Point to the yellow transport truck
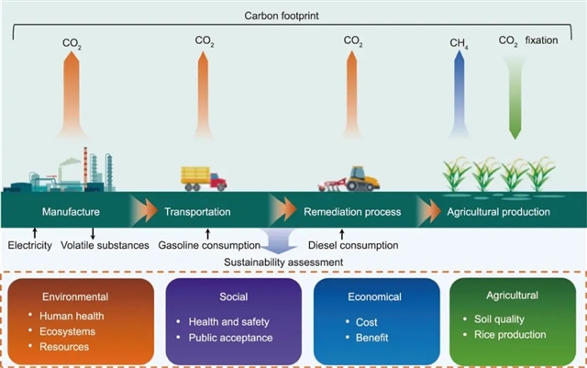(x=204, y=176)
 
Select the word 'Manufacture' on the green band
(x=71, y=212)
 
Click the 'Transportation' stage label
(x=197, y=212)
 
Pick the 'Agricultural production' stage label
(x=498, y=212)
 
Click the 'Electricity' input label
(x=30, y=245)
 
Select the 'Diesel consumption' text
(x=353, y=245)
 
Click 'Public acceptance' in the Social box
(x=230, y=337)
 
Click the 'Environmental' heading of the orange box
(x=74, y=296)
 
